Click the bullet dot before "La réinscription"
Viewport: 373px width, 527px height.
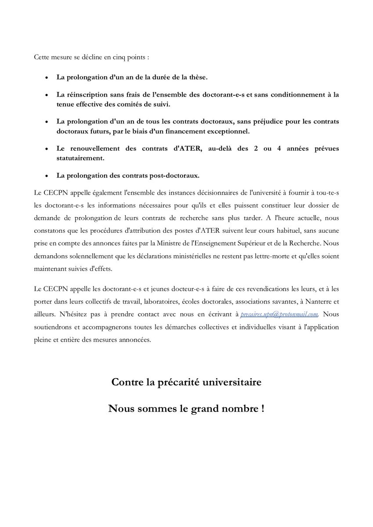coord(47,95)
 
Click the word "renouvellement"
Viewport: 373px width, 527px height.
coord(92,148)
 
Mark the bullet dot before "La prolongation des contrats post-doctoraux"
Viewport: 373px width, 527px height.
coord(47,176)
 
